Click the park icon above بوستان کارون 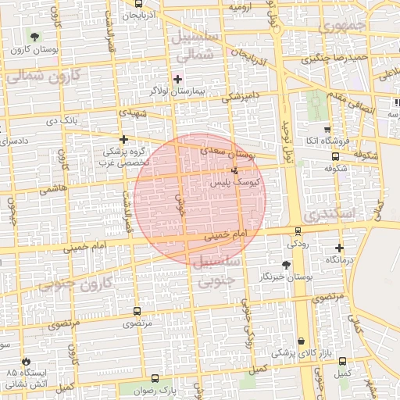point(33,37)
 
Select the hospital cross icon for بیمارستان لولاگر point(177,79)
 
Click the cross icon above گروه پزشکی point(123,140)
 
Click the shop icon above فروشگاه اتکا point(326,130)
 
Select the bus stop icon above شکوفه point(335,156)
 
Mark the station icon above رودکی point(298,230)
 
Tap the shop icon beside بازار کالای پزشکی point(301,341)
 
